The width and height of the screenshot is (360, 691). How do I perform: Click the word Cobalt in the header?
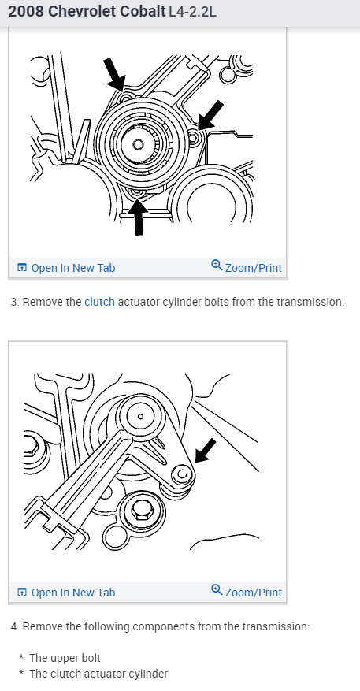coord(138,11)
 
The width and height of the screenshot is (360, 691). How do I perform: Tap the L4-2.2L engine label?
coord(192,12)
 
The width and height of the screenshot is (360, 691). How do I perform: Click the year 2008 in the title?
coord(26,11)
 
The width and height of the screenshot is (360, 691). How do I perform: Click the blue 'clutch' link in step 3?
coord(99,302)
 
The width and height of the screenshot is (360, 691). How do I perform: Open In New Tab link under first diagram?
coord(66,268)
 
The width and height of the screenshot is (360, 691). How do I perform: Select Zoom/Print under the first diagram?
coord(247,267)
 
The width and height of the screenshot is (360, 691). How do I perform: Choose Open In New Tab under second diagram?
coord(66,593)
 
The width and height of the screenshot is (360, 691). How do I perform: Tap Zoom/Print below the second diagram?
coord(247,592)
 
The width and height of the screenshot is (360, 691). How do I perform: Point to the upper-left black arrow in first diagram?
coord(114,74)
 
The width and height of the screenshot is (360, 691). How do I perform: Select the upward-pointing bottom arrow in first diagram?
coord(139,217)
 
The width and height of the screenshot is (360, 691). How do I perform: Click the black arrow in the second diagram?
coord(206,451)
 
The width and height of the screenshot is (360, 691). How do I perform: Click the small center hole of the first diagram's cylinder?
coord(138,144)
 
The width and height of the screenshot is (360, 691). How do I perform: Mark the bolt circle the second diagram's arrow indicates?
coord(182,474)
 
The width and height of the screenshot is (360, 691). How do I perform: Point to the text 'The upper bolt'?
coord(65,658)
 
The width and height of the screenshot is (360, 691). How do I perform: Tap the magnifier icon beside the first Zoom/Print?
coord(217,266)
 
